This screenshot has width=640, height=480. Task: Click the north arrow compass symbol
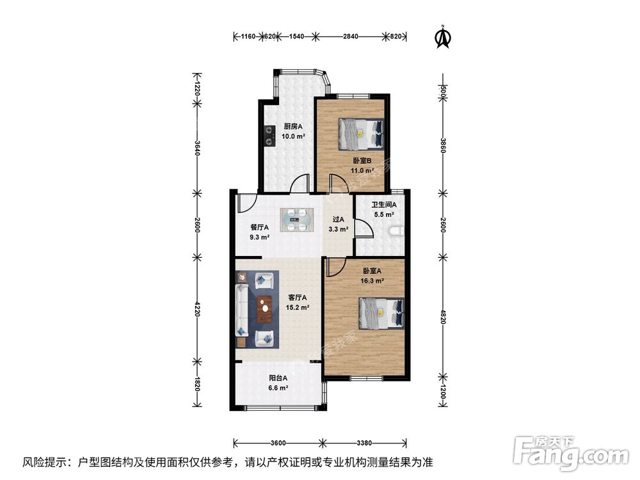coord(442,36)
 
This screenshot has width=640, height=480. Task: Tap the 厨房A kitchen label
coord(293,127)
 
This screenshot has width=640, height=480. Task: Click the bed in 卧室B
coord(361,134)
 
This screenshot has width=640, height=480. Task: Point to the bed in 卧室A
coord(381,313)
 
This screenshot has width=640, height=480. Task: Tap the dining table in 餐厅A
coord(297,220)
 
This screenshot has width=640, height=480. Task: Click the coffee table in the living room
coord(266,309)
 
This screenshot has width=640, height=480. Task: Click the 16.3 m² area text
coord(372,281)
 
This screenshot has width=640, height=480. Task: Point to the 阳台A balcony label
coord(278,378)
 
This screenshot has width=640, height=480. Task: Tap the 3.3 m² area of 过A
coord(339,229)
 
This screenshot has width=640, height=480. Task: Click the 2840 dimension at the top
coord(351,36)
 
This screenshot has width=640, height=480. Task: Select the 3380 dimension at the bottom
coord(364,443)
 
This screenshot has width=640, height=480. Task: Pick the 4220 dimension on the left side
coord(197,309)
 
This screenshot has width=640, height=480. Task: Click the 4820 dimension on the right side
coord(444,316)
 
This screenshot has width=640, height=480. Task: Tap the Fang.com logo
coord(571,454)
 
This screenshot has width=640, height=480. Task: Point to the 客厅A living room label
coord(298,298)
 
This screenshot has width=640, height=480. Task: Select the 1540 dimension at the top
coord(296,36)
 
